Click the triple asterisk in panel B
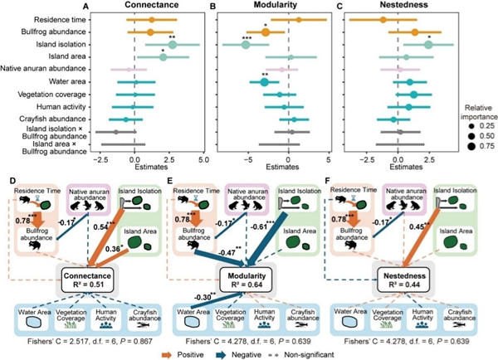coord(247,38)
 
